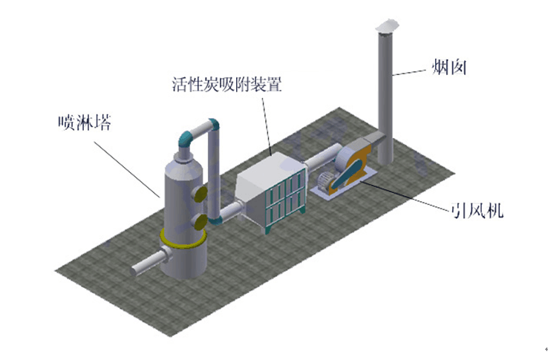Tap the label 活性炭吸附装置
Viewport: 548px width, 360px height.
click(226, 82)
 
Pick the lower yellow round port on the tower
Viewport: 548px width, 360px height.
click(198, 223)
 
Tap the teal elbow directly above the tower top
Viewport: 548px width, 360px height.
click(186, 137)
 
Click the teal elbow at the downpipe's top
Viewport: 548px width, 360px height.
click(213, 126)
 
